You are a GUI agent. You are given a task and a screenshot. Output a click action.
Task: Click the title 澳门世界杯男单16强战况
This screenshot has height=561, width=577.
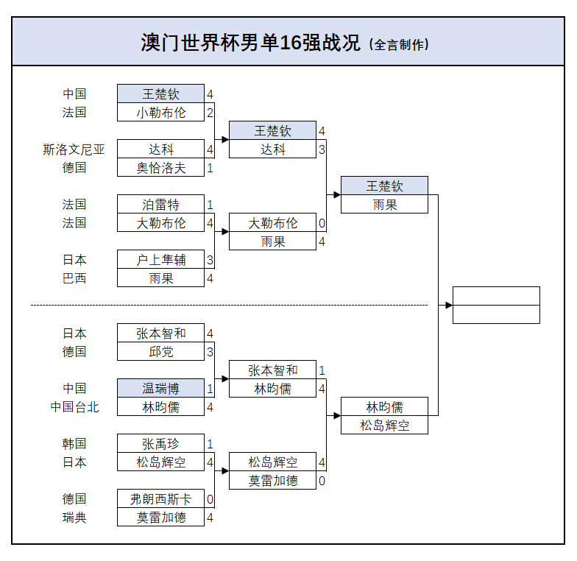250,43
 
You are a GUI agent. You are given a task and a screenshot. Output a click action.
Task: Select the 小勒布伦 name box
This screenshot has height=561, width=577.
160,113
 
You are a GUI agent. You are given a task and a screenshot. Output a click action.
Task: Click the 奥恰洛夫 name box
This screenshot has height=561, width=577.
160,168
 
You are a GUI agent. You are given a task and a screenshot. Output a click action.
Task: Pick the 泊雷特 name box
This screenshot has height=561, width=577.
160,205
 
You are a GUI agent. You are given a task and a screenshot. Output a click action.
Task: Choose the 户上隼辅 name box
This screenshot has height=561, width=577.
160,260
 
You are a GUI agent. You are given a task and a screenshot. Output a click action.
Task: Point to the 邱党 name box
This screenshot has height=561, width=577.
160,352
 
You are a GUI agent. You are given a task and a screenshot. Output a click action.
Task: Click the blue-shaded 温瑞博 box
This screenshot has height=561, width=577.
160,389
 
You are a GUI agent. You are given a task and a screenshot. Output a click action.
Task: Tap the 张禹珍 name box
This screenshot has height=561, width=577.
160,444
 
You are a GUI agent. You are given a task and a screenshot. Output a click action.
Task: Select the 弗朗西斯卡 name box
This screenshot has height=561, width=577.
160,499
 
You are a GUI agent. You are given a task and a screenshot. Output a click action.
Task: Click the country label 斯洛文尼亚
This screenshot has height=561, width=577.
74,149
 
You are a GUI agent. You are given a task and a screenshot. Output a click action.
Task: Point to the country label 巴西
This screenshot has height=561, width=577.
74,278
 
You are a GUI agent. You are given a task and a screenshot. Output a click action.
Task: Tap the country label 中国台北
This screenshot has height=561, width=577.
74,407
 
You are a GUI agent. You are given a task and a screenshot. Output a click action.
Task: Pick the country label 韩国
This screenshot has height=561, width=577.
74,444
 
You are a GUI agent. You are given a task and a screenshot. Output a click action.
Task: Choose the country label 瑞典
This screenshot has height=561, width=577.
74,518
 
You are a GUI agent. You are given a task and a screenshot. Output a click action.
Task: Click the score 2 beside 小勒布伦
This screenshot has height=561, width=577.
210,113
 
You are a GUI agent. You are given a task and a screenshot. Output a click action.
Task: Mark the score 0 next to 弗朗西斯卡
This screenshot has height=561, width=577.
210,499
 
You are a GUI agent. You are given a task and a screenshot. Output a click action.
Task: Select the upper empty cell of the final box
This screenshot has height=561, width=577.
496,296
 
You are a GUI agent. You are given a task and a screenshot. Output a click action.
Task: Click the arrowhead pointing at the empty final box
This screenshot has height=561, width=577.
448,305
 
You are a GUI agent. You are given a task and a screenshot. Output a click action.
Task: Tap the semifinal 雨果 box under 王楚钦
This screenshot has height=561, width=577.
384,205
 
